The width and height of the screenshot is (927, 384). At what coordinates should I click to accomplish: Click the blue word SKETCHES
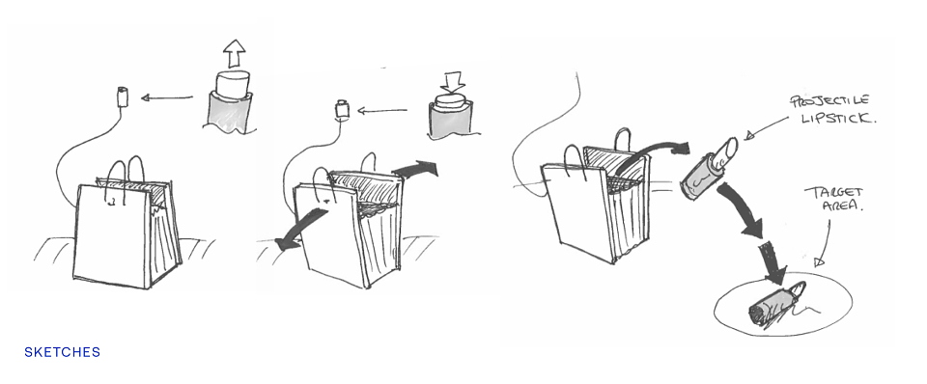point(62,353)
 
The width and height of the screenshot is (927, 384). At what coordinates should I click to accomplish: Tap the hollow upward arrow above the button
point(234,54)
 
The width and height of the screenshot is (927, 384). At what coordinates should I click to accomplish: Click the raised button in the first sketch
point(232,83)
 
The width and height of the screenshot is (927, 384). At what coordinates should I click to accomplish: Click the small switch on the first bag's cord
point(123,96)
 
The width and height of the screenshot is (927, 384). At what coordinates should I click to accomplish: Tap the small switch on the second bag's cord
point(341,110)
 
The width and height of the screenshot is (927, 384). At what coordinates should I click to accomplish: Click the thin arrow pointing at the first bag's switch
point(167,96)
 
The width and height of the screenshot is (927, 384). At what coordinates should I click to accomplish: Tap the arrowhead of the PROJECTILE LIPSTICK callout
point(750,136)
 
